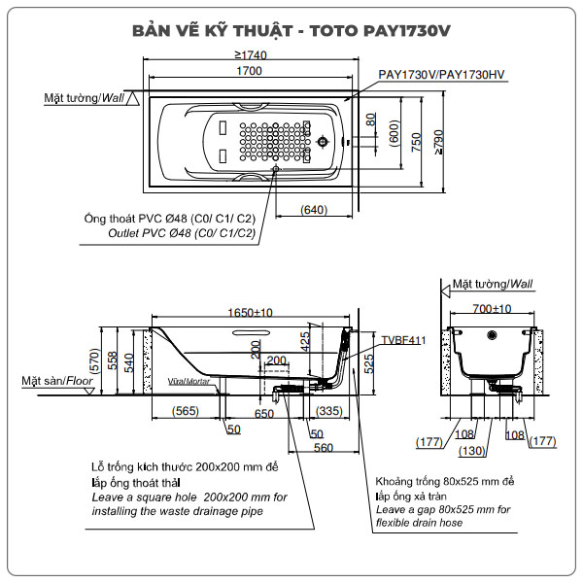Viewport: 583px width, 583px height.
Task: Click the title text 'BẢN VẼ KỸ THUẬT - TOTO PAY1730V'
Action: coord(291,29)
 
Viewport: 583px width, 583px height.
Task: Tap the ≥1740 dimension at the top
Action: coord(251,54)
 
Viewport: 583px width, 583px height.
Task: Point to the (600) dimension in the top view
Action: coord(394,133)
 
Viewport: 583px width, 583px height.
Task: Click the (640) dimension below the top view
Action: coord(314,209)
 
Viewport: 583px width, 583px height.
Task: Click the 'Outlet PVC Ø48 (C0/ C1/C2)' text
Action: coord(182,233)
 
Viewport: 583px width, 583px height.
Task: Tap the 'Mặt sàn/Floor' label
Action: coord(57,382)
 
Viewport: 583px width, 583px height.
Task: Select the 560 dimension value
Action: coord(325,447)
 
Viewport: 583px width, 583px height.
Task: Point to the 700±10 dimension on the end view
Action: coord(491,309)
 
